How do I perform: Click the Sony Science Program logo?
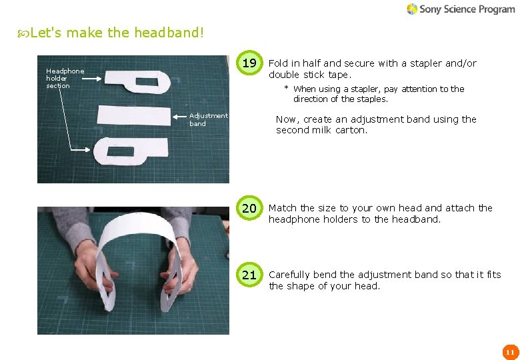pos(460,9)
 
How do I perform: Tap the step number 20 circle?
pos(249,209)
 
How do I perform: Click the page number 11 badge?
pos(510,352)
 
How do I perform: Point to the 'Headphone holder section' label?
pos(65,78)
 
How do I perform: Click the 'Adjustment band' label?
pos(208,120)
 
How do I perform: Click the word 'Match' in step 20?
pos(283,208)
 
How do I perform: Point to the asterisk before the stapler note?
pos(286,89)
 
